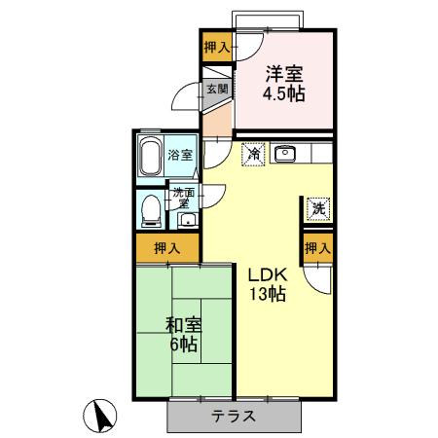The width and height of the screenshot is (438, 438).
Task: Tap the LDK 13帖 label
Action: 265,283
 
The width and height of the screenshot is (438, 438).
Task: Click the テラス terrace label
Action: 234,417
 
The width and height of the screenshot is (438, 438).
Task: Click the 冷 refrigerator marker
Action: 253,153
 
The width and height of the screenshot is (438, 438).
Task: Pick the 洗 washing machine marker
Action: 317,206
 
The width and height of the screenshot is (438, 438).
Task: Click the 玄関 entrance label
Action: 216,90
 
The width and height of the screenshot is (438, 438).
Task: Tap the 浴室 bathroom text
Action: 179,155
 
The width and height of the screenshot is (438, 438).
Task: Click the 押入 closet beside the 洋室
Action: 216,47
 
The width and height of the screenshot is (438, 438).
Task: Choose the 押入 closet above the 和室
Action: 167,248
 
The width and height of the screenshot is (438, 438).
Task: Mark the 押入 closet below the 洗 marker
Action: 317,248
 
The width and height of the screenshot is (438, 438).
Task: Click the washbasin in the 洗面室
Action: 185,219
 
